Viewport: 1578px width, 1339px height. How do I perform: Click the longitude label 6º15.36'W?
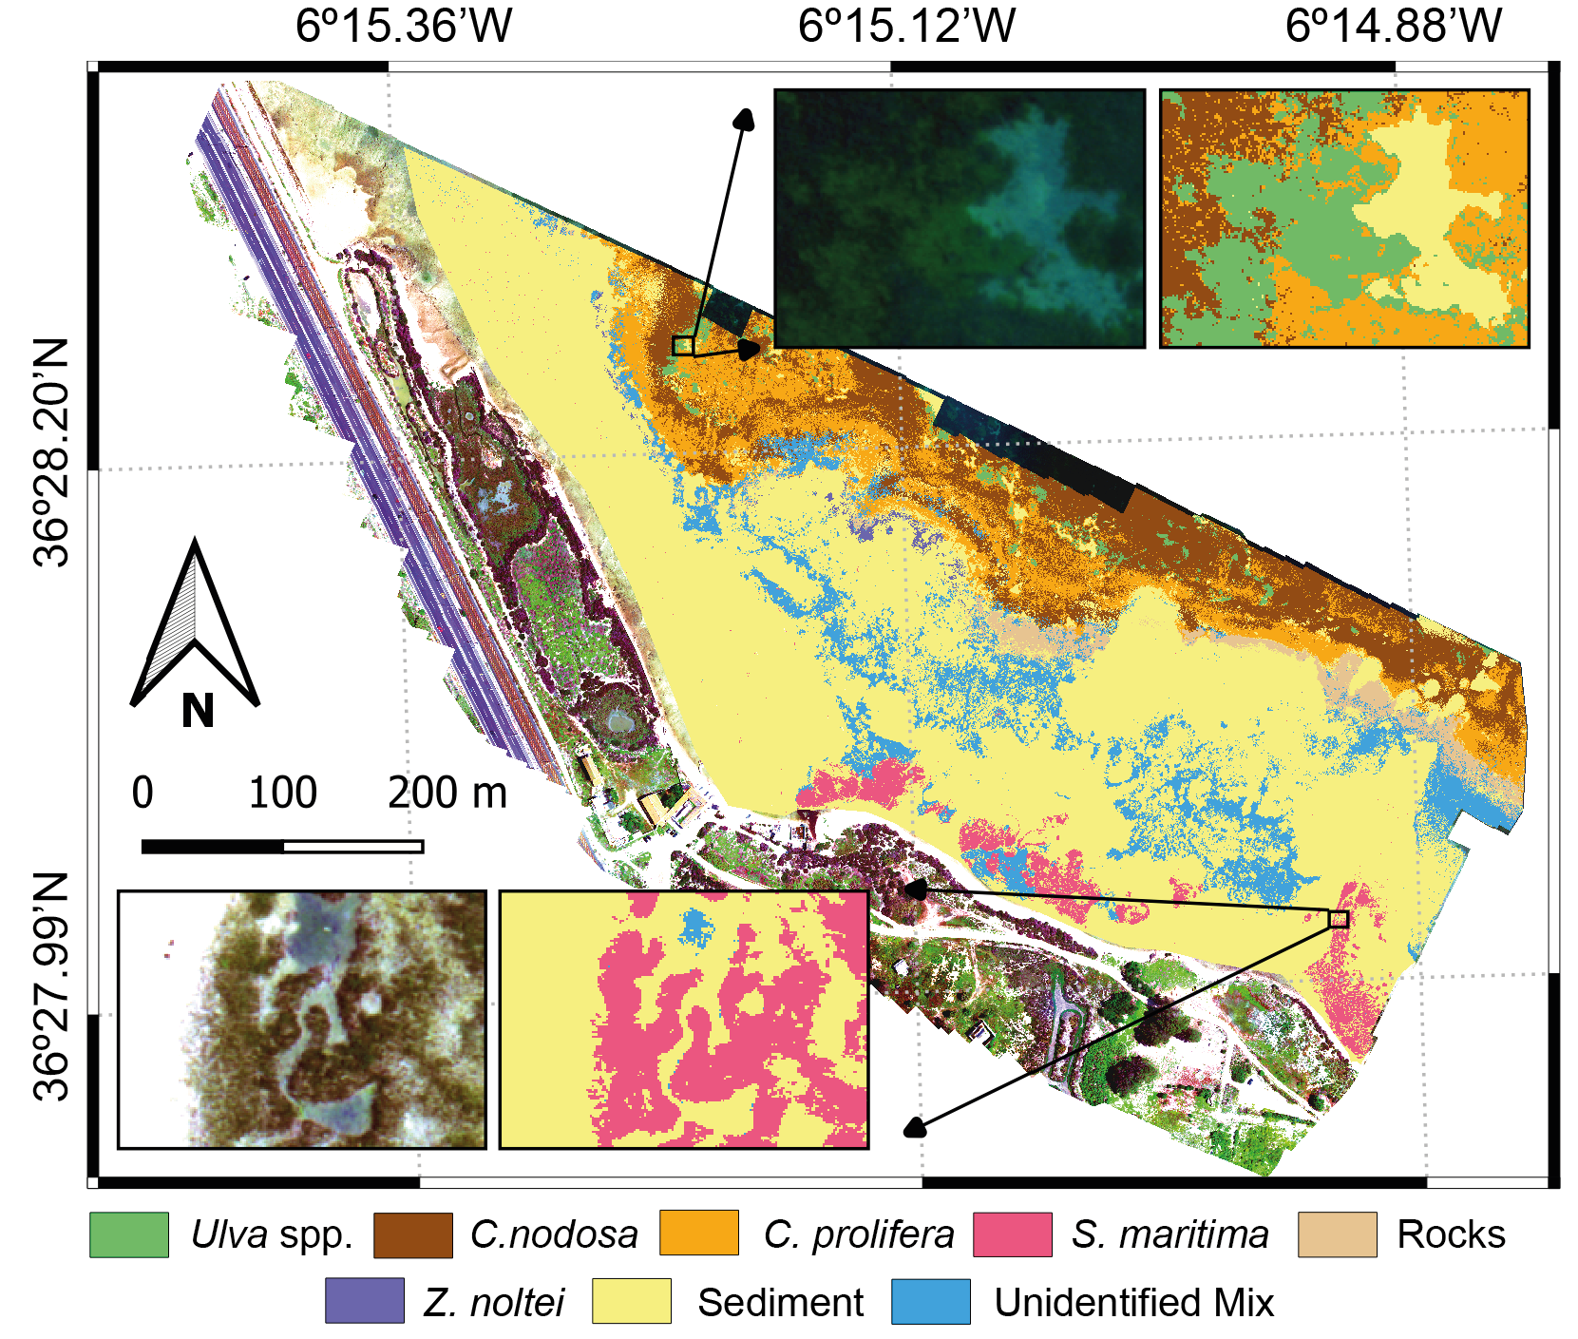coord(403,26)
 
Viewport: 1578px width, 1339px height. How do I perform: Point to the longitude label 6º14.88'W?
coord(1393,26)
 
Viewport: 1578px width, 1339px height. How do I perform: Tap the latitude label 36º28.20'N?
coord(51,452)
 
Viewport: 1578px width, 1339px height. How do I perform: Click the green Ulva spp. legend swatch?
coord(129,1234)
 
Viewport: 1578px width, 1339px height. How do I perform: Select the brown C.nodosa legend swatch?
coord(413,1234)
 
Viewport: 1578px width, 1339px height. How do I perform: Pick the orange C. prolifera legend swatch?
coord(698,1233)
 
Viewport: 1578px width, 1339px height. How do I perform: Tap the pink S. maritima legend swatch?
coord(1012,1234)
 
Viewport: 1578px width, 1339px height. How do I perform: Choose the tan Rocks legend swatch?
coord(1337,1234)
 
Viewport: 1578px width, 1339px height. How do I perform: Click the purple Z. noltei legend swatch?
coord(364,1301)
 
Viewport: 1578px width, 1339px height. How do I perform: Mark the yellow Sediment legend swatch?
coord(631,1301)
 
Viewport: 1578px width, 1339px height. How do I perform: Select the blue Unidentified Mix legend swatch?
coord(930,1301)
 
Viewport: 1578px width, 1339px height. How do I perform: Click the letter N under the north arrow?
coord(198,711)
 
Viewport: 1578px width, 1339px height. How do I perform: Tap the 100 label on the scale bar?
coord(282,793)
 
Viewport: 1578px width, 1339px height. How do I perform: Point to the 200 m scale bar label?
coord(447,793)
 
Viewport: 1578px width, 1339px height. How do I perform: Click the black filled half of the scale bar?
coord(212,847)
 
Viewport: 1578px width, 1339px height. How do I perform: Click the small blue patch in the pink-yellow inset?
coord(698,924)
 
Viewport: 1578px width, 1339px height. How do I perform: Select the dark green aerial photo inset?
coord(960,219)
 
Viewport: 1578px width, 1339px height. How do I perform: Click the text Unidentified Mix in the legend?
coord(1133,1302)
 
